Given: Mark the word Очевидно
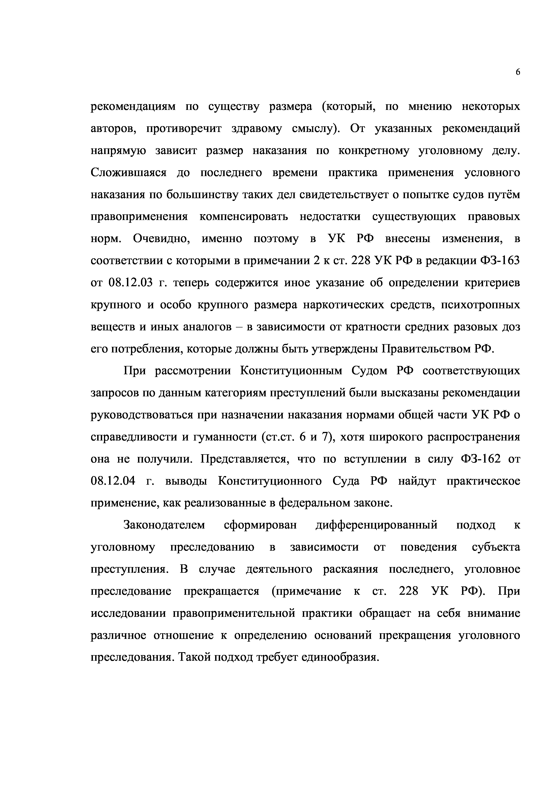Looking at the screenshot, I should click(162, 239).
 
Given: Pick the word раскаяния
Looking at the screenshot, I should click(350, 569).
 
